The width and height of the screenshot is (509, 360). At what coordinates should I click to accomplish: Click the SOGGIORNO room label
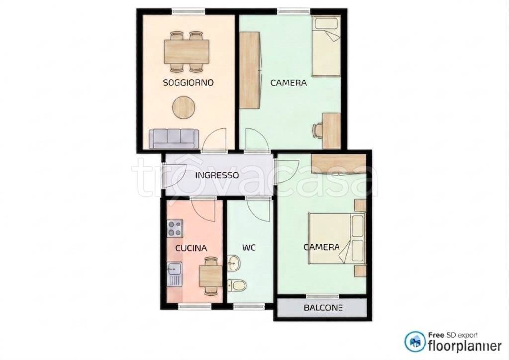188,83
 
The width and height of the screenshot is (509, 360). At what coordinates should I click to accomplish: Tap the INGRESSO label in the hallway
217,175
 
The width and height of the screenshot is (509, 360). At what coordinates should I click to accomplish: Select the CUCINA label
191,248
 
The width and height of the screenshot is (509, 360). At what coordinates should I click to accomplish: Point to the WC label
249,248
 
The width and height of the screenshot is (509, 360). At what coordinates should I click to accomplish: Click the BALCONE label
323,307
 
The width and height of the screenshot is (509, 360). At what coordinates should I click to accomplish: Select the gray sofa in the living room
173,139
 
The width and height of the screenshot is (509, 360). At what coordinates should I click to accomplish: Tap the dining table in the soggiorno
186,51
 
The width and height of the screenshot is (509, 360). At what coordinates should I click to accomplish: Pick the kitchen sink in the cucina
174,274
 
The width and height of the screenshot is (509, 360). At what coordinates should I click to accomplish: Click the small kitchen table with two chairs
210,276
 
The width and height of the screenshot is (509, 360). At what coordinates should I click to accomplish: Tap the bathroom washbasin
233,262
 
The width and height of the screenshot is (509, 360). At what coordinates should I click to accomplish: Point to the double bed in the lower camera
337,239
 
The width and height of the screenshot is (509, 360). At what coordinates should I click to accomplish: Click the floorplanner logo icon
415,342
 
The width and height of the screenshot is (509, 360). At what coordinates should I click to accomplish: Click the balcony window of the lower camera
322,296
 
